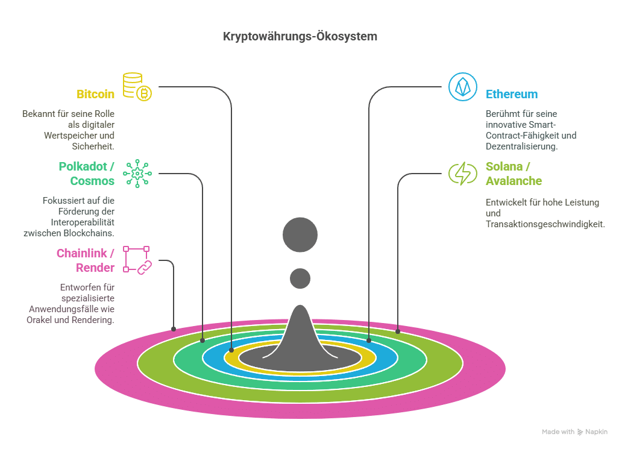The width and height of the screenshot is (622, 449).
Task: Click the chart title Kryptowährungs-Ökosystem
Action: pos(300,37)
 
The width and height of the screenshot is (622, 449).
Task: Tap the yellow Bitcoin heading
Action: pos(95,94)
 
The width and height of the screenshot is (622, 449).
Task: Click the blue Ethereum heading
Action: pos(512,94)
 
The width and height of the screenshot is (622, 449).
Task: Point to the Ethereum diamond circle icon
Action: pos(462,86)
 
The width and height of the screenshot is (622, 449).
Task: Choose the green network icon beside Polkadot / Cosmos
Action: pos(137,174)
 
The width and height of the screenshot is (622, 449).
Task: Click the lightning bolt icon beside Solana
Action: pos(462,174)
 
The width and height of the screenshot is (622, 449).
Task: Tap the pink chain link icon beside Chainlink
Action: pos(137,260)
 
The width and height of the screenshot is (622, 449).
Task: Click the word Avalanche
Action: pos(514,181)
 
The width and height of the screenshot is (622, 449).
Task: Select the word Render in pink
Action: pos(95,268)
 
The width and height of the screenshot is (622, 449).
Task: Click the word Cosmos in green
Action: pos(92,181)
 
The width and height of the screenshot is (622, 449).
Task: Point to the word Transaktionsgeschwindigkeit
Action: pos(545,224)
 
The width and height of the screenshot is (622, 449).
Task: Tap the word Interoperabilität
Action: pos(83,222)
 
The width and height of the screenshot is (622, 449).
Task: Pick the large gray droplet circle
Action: pos(300,234)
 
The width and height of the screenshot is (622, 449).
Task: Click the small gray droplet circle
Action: pos(300,278)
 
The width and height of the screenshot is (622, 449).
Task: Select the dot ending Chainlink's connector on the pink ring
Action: pos(174,329)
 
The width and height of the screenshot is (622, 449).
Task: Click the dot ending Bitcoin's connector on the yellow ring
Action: pos(231,350)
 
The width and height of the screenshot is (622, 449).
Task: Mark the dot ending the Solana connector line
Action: pos(398,331)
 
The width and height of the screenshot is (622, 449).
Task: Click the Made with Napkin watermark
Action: pos(574,432)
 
